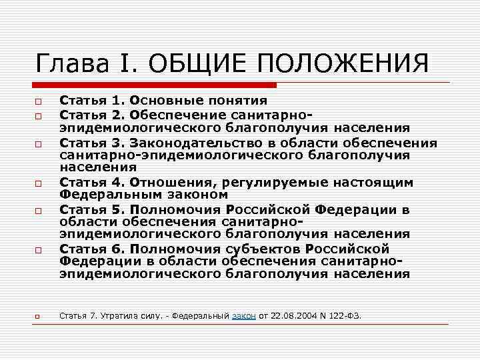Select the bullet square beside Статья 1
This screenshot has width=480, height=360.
(x=40, y=102)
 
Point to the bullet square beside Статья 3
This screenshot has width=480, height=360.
(x=40, y=143)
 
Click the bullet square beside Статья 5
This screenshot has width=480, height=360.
(x=40, y=210)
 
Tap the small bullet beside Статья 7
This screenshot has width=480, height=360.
(x=40, y=315)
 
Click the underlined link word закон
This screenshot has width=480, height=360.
(x=243, y=315)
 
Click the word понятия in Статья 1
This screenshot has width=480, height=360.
(x=235, y=101)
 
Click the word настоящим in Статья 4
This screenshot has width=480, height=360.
(x=375, y=182)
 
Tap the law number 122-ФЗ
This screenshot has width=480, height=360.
(x=348, y=315)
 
